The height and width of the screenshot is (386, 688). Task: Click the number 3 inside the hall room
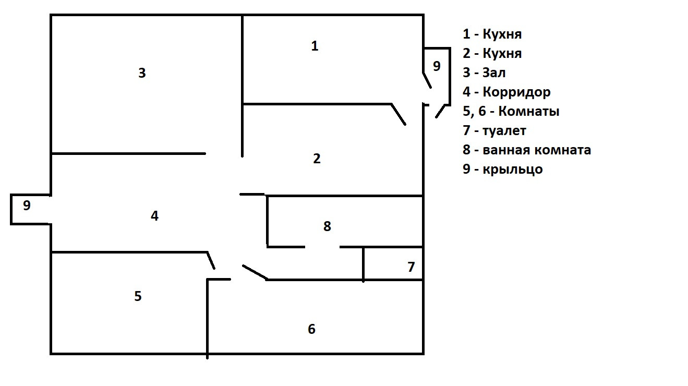pyautogui.click(x=142, y=73)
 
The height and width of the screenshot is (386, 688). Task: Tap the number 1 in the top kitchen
pyautogui.click(x=315, y=46)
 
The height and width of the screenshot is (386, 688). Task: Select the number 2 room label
pyautogui.click(x=317, y=159)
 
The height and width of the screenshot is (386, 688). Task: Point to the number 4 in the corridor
pyautogui.click(x=154, y=215)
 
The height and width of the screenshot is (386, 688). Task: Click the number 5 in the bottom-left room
pyautogui.click(x=138, y=296)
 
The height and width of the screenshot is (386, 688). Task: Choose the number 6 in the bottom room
pyautogui.click(x=311, y=329)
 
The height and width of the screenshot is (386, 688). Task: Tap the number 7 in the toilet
pyautogui.click(x=411, y=267)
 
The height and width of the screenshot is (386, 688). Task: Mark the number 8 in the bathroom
pyautogui.click(x=327, y=226)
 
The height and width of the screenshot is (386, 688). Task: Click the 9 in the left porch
pyautogui.click(x=27, y=206)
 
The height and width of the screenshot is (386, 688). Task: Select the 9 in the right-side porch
pyautogui.click(x=437, y=66)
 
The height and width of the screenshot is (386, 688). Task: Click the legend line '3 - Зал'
pyautogui.click(x=484, y=73)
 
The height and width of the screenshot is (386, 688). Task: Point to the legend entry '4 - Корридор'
pyautogui.click(x=506, y=92)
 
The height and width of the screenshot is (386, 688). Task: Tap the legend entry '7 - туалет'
pyautogui.click(x=494, y=131)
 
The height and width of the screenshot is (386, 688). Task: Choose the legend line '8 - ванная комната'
pyautogui.click(x=527, y=150)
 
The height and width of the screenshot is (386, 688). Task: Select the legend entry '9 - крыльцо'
pyautogui.click(x=503, y=170)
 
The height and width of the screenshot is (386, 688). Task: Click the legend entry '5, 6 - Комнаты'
pyautogui.click(x=511, y=112)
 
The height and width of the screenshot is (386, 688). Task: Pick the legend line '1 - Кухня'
pyautogui.click(x=492, y=34)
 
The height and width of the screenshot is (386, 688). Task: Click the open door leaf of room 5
pyautogui.click(x=211, y=261)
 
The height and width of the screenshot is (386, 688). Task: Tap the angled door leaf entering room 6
pyautogui.click(x=255, y=272)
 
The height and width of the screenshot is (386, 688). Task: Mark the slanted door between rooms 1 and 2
pyautogui.click(x=399, y=114)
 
